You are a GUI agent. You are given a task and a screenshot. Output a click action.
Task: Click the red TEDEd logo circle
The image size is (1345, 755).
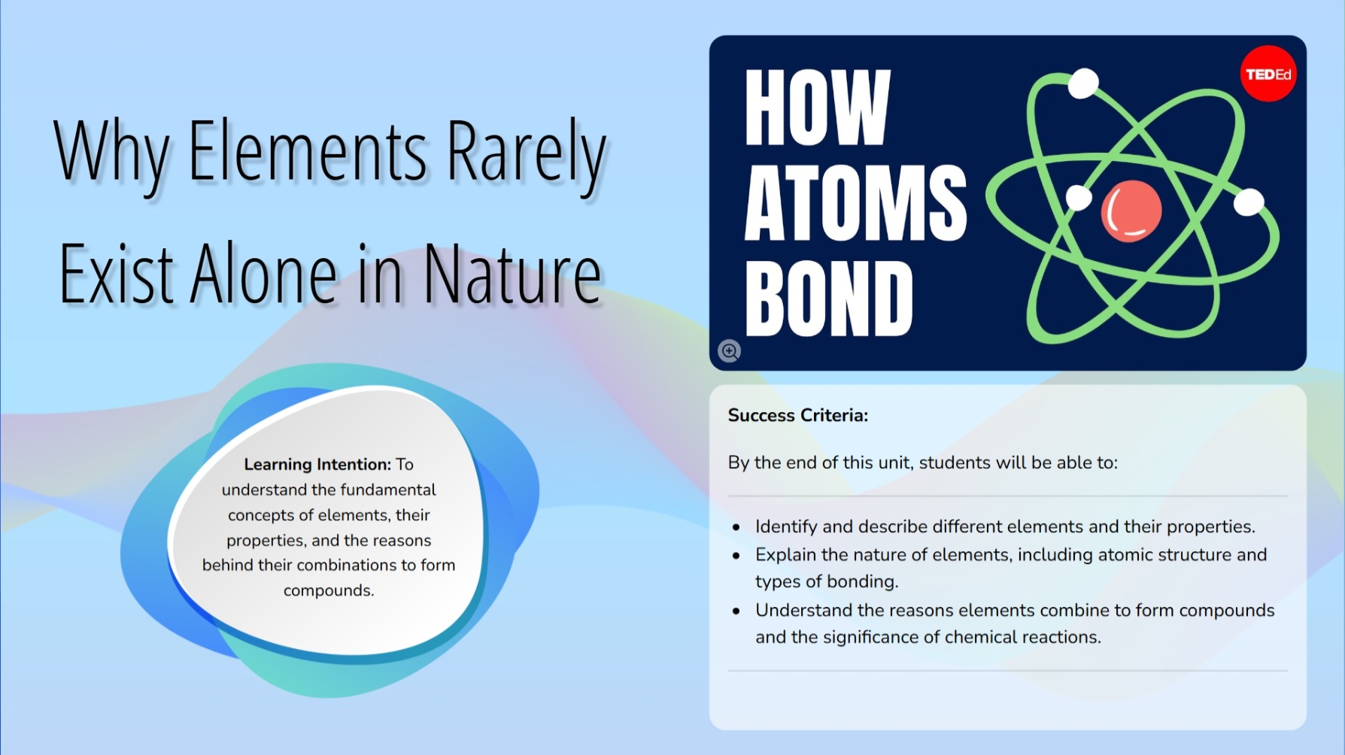click(x=1268, y=74)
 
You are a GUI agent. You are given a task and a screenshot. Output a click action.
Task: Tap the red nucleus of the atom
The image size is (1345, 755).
click(x=1131, y=211)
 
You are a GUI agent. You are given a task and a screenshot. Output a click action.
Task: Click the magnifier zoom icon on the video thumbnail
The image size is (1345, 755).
click(x=729, y=350)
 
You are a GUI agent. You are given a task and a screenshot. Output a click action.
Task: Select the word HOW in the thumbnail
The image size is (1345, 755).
click(x=818, y=108)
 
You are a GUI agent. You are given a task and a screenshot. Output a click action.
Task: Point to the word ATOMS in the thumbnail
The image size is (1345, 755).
click(x=855, y=202)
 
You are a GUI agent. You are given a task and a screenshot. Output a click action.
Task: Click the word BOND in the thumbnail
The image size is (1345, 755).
click(x=829, y=299)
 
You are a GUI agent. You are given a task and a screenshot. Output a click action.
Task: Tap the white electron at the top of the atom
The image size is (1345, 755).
click(x=1083, y=83)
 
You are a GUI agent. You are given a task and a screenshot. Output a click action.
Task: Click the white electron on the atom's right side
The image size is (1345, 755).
click(x=1249, y=202)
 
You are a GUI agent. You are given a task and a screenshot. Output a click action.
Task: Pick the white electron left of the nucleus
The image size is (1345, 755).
click(x=1079, y=198)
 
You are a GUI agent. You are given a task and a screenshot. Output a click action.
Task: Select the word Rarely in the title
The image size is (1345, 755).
click(x=527, y=156)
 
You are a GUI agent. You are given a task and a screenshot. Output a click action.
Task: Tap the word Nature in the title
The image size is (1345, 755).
click(x=512, y=274)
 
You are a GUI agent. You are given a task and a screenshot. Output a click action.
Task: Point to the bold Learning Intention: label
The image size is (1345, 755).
click(x=317, y=464)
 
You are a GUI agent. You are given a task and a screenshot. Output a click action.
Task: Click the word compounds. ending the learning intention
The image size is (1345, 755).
click(x=329, y=591)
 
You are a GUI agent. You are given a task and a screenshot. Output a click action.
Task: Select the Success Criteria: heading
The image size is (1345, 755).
click(x=798, y=415)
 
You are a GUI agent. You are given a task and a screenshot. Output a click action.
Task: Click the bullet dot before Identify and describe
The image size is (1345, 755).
click(x=736, y=528)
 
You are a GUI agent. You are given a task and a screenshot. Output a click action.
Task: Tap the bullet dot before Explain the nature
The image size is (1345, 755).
click(x=736, y=556)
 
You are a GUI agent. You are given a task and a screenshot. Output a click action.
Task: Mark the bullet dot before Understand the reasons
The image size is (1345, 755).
click(x=736, y=611)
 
